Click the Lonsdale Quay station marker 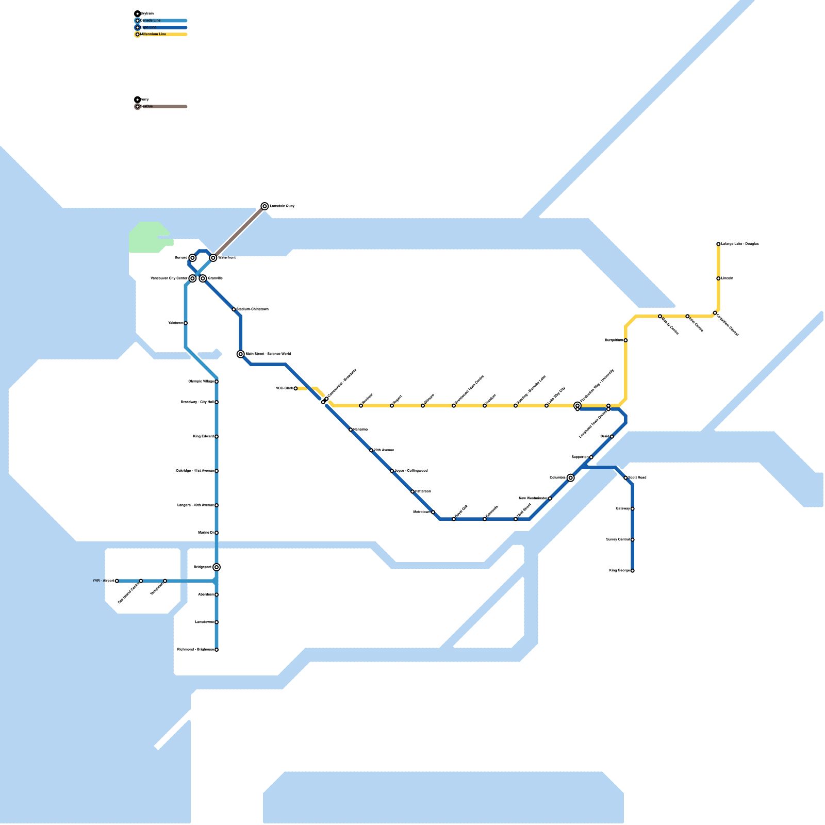point(265,206)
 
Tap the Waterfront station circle point(213,258)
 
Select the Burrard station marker point(192,258)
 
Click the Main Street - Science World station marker point(241,354)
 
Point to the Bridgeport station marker point(217,567)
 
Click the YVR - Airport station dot point(117,581)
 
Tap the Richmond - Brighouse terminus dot point(217,650)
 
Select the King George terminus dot point(633,571)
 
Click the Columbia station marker point(571,478)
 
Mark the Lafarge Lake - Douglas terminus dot point(718,244)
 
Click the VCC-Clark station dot point(295,388)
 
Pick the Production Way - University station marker point(577,406)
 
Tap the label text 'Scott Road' point(637,478)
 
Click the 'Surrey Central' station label point(618,540)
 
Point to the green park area point(147,237)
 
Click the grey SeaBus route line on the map point(239,232)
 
